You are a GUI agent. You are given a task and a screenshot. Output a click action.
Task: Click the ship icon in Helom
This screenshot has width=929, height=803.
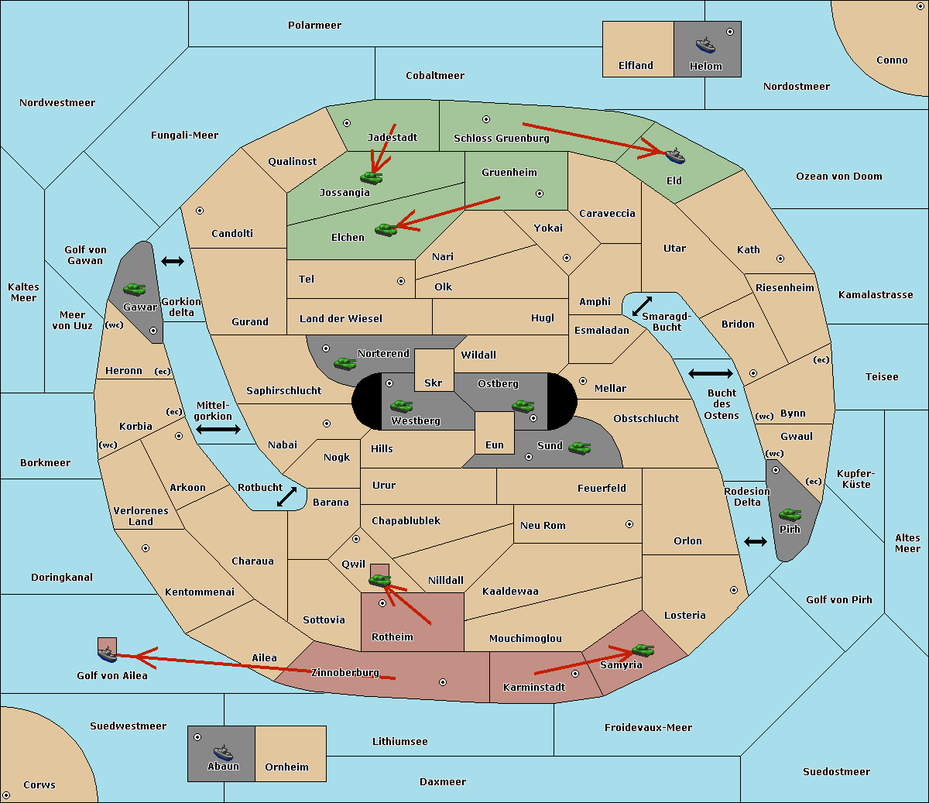(x=705, y=45)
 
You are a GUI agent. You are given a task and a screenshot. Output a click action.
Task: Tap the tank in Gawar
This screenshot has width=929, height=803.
(x=135, y=289)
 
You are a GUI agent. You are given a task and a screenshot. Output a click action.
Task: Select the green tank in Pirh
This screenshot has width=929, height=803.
(x=790, y=514)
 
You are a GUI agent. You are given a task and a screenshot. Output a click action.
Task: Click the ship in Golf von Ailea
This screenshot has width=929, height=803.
(x=108, y=654)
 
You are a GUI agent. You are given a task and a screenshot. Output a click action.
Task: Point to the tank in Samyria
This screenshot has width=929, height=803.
(x=643, y=650)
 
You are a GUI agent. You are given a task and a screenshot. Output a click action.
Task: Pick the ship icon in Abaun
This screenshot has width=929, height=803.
(x=224, y=752)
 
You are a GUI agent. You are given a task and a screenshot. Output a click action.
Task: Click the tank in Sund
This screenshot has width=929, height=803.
(x=579, y=448)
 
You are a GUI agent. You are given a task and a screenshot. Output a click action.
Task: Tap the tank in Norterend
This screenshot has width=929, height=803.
(x=345, y=364)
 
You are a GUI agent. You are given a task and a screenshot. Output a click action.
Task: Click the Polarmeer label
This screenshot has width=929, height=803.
(x=314, y=26)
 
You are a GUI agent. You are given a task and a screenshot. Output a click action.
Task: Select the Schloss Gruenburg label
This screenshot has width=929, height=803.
(x=502, y=138)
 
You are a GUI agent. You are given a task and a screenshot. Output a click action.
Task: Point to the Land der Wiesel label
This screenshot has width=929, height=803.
(x=341, y=319)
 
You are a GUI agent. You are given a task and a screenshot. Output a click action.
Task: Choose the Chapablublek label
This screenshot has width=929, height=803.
(x=406, y=520)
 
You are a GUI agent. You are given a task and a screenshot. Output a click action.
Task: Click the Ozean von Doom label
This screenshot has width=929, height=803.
(x=839, y=177)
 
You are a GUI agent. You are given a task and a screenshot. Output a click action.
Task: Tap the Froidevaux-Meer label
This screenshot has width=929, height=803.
(x=648, y=727)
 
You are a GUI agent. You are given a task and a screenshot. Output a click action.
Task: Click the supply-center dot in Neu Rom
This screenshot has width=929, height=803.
(x=629, y=524)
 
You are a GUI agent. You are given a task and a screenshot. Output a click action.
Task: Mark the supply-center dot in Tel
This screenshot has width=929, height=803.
(x=401, y=281)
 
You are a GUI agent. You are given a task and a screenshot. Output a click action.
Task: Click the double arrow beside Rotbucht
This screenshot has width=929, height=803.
(x=286, y=496)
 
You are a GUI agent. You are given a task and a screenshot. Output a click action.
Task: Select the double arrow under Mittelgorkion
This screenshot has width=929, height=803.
(x=218, y=429)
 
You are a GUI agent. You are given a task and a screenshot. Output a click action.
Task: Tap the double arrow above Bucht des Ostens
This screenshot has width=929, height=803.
(x=711, y=373)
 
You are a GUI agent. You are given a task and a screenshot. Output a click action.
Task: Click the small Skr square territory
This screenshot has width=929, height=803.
(x=434, y=370)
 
